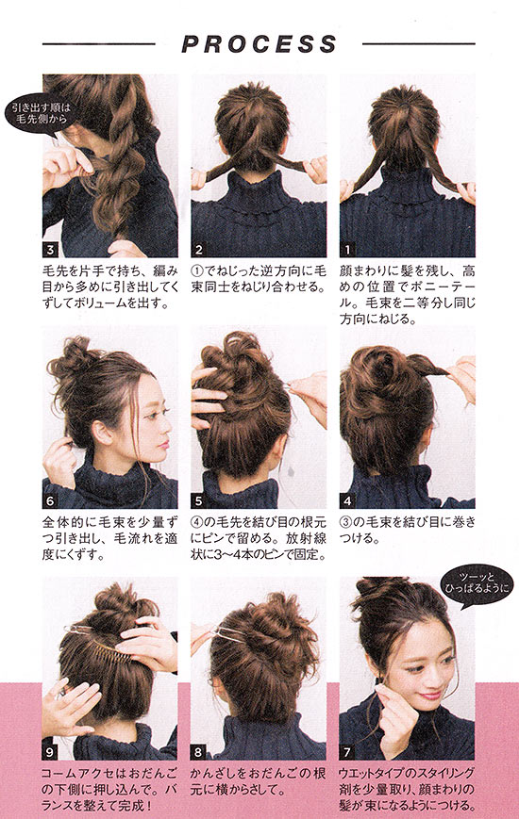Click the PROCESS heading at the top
[259, 44]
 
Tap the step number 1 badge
[347, 250]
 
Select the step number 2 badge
[198, 250]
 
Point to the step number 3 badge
[50, 250]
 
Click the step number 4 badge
[347, 501]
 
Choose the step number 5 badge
[198, 501]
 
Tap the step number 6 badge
[50, 501]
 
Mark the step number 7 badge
[347, 752]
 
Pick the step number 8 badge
[198, 752]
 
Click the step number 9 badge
[50, 752]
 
